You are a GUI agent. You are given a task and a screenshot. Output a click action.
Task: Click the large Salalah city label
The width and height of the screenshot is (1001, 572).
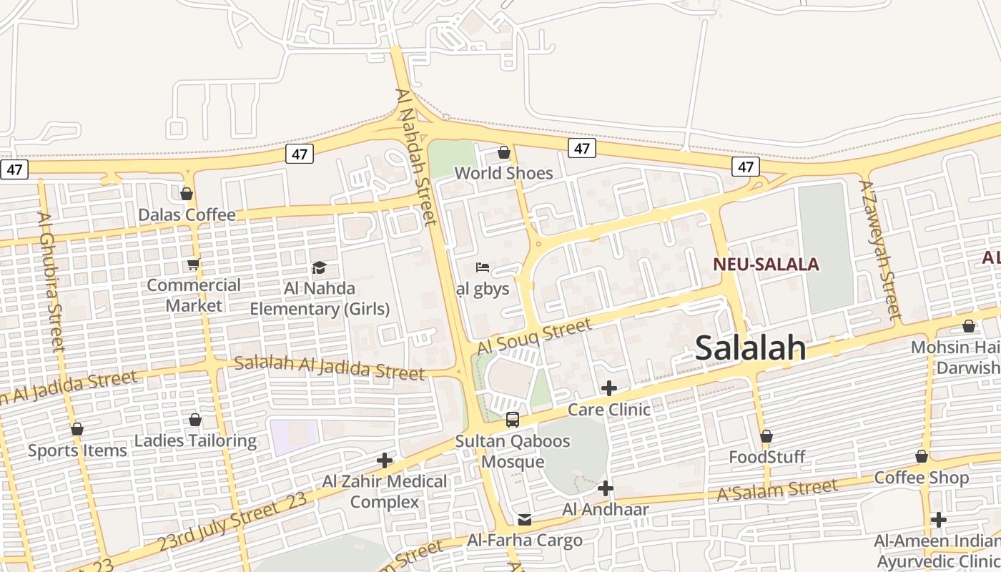750,348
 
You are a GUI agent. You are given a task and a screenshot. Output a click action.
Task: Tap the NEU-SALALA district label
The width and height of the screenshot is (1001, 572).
766,265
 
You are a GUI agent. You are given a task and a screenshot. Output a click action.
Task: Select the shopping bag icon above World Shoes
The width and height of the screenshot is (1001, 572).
504,152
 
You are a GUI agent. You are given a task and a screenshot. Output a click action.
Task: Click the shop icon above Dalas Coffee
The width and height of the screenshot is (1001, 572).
187,194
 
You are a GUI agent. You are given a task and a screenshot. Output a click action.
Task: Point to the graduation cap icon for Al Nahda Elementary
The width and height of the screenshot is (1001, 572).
319,267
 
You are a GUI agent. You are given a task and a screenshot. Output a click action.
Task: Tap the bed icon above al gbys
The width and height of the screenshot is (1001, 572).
483,267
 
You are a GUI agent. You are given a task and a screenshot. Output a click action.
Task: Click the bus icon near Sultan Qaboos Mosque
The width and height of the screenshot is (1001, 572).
513,420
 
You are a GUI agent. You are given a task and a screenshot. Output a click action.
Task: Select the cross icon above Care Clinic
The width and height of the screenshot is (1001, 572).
608,388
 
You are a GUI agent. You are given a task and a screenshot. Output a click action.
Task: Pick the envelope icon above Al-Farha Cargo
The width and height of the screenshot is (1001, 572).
525,520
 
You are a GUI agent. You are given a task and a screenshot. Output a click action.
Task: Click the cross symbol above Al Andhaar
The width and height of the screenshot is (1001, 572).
606,488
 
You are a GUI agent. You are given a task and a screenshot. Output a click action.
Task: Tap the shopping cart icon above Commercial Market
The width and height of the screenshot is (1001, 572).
193,264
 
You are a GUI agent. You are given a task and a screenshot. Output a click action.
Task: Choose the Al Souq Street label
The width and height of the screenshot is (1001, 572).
534,336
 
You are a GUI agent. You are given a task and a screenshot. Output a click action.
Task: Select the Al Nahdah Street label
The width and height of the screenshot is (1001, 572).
416,156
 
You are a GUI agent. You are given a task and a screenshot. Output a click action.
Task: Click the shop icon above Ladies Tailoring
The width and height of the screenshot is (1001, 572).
195,420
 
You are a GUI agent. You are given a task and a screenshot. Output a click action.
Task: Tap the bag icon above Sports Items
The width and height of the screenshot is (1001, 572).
77,429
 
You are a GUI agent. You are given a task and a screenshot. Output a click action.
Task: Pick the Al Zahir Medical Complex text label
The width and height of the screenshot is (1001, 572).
385,491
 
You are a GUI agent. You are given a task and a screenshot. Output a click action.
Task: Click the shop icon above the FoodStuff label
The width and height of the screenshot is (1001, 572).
766,436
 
